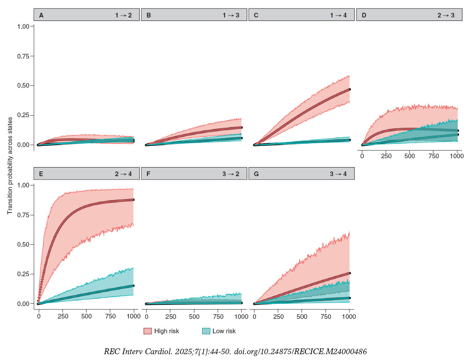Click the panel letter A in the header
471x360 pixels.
tap(41, 16)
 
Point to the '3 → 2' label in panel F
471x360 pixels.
tap(231, 174)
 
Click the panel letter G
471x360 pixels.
tap(256, 174)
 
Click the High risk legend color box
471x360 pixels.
tap(147, 331)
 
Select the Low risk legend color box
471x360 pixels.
tap(206, 331)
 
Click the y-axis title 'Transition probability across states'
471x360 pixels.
tap(10, 166)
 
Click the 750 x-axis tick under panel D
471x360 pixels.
tap(433, 156)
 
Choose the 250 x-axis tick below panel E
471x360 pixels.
tap(62, 316)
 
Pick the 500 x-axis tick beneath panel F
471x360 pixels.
tap(194, 316)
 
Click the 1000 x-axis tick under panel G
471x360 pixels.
tap(349, 316)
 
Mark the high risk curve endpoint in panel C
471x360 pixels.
tap(350, 89)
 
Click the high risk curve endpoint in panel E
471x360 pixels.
tap(133, 200)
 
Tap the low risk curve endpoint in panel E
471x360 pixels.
tap(133, 286)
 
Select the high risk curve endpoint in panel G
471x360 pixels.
tap(350, 273)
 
